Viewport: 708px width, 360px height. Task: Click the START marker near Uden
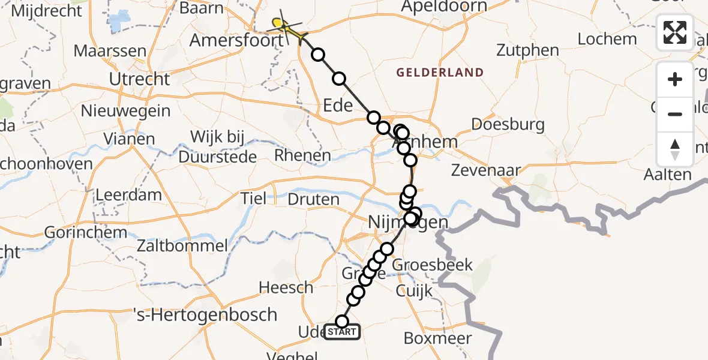[342, 332]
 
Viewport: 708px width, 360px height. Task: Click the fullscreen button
[675, 32]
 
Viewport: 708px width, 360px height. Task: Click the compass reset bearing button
[675, 148]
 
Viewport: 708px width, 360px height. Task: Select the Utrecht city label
[140, 79]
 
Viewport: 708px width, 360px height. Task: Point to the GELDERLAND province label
[440, 73]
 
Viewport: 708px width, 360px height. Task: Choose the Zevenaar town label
[487, 170]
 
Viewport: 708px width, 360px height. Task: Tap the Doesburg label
[508, 125]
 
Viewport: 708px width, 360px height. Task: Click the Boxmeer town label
[437, 338]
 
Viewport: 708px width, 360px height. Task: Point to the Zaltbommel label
[182, 245]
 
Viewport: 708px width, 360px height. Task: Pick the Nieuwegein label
[126, 111]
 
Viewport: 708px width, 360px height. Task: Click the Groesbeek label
[432, 265]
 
